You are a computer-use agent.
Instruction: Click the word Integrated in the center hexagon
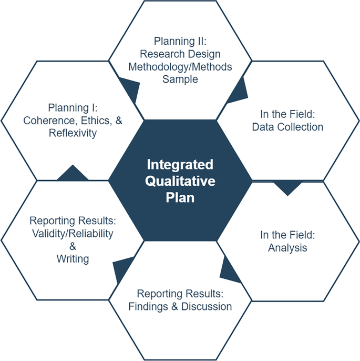(180, 165)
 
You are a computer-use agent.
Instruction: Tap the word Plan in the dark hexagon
(180, 198)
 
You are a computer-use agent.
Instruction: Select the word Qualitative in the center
(180, 182)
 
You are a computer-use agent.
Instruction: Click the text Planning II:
(180, 41)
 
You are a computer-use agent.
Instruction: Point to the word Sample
(180, 79)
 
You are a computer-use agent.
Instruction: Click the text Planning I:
(73, 108)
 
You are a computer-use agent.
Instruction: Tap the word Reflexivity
(73, 133)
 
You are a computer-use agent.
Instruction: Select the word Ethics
(95, 121)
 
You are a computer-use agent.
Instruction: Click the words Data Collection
(287, 127)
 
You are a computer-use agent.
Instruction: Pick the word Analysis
(287, 247)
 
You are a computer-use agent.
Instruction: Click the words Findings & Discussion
(180, 306)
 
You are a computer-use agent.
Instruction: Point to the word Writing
(73, 259)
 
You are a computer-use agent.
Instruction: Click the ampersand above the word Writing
(73, 246)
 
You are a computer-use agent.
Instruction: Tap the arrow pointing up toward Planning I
(73, 174)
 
